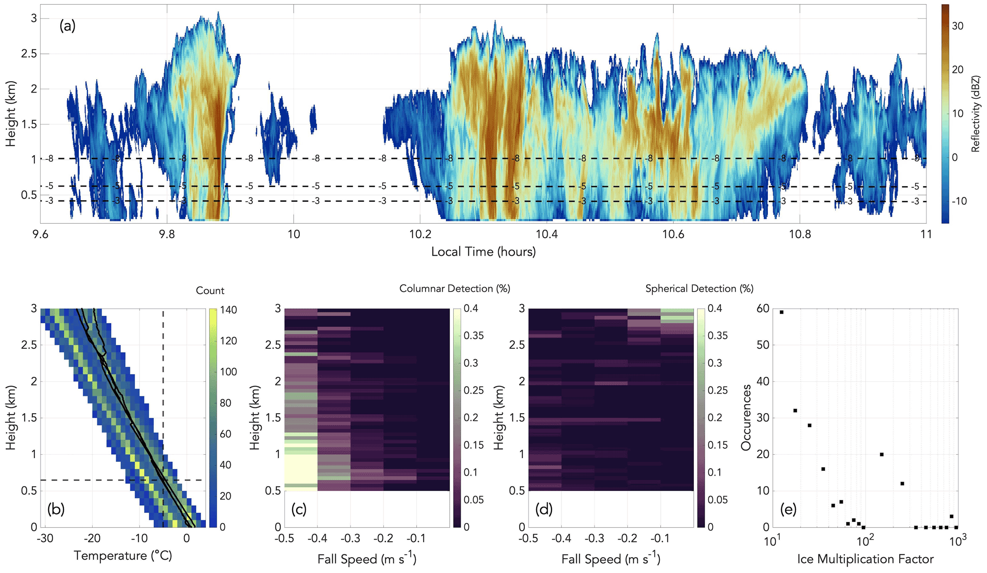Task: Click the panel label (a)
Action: tap(67, 26)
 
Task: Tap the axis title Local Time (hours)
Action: tap(483, 251)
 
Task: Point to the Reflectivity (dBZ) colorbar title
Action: tap(976, 114)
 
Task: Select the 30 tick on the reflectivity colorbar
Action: tap(957, 26)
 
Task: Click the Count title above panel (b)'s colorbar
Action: tap(210, 291)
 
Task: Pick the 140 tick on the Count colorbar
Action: tap(227, 310)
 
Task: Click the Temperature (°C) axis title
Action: tap(123, 556)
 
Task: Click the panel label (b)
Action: tap(56, 509)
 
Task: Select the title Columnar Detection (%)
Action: tap(455, 289)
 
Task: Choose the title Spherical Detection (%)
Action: tap(699, 289)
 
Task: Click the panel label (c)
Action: tap(299, 509)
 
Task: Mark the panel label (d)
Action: tap(543, 509)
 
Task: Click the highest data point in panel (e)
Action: tap(781, 312)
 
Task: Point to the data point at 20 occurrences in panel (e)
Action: tap(881, 454)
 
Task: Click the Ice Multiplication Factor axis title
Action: tap(865, 559)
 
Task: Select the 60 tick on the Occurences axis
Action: tap(763, 309)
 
